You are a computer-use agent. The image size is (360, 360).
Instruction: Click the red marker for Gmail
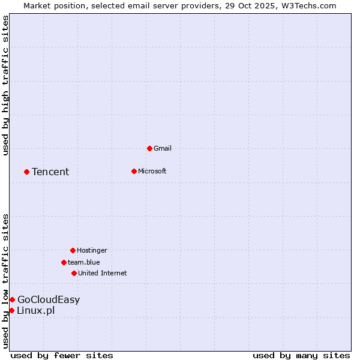(149, 148)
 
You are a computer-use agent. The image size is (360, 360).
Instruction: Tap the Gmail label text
(163, 148)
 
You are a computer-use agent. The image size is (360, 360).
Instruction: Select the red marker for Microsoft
(134, 171)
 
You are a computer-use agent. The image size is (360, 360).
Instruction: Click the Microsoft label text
(152, 171)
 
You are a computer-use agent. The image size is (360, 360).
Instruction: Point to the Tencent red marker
(26, 172)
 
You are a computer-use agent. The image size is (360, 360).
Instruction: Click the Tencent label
(50, 172)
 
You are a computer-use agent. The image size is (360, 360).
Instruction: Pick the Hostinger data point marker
(73, 250)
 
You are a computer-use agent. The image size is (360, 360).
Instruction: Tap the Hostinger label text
(92, 250)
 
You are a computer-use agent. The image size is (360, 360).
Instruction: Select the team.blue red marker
(64, 262)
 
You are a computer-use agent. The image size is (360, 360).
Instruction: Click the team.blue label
(83, 262)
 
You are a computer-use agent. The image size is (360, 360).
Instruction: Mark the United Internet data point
(74, 273)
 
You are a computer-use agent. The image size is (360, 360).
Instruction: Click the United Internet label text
(102, 273)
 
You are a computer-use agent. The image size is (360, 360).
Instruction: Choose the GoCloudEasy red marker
(12, 299)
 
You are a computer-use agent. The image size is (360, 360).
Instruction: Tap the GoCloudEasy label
(49, 300)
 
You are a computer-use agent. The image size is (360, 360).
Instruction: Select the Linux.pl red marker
(11, 310)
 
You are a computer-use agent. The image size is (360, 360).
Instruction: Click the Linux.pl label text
(35, 311)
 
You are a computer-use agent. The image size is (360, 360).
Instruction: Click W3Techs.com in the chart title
(309, 5)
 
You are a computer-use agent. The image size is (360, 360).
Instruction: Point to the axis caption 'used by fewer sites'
(62, 355)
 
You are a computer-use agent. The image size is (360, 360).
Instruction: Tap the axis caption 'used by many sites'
(301, 355)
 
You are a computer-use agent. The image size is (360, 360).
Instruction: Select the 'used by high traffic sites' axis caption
(5, 85)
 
